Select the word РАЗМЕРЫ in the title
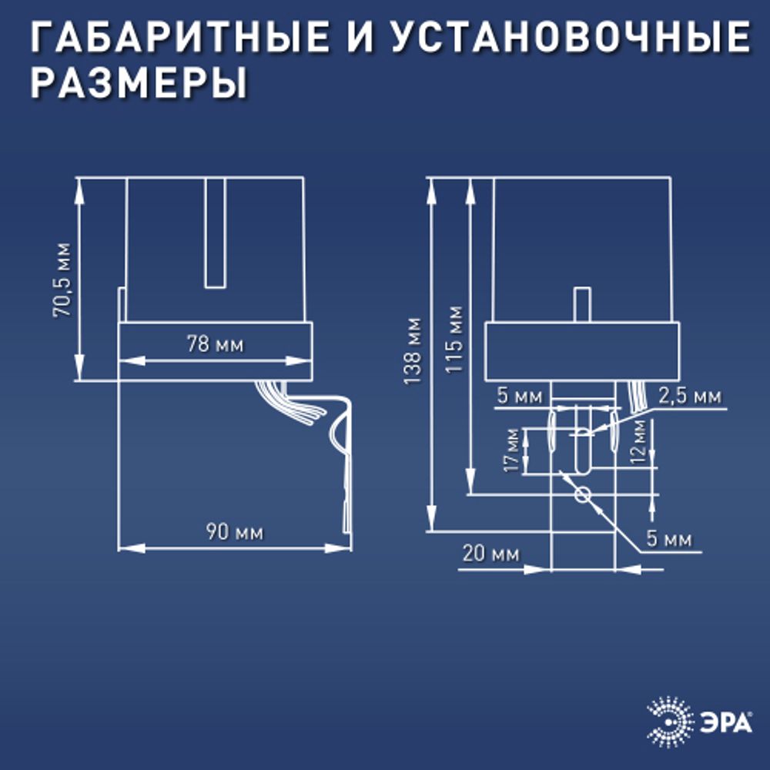[x=139, y=82]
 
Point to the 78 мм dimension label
[x=215, y=344]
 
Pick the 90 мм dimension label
[x=234, y=532]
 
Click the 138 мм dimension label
[x=413, y=351]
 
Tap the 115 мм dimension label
[x=454, y=340]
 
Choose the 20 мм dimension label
[x=490, y=554]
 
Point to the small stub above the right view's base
[x=582, y=305]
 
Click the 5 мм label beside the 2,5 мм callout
[x=520, y=397]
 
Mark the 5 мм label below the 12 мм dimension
[x=668, y=539]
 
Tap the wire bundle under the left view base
[x=285, y=400]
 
